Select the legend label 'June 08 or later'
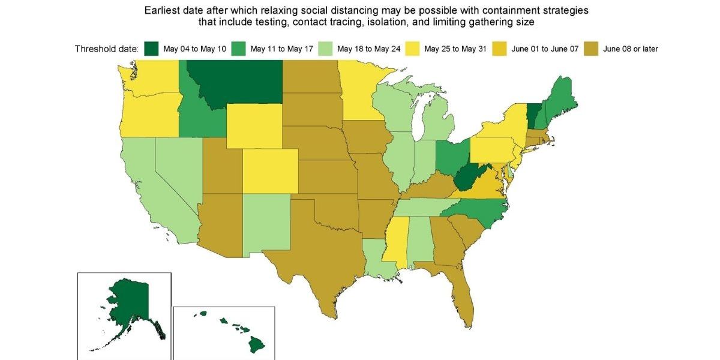pos(630,49)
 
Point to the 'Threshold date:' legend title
pos(106,49)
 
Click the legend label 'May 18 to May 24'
pos(367,49)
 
